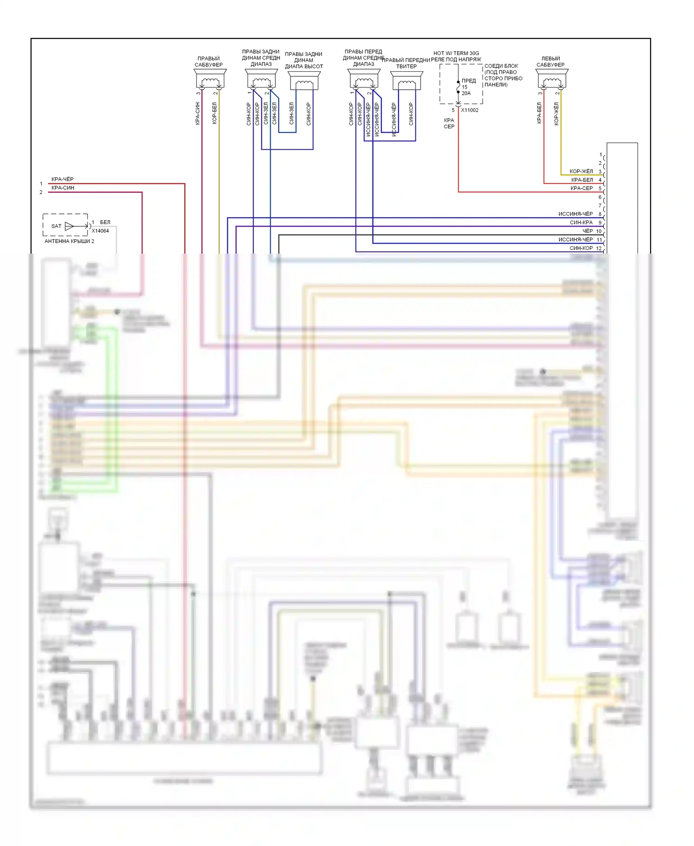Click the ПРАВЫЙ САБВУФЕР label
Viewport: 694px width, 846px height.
(209, 62)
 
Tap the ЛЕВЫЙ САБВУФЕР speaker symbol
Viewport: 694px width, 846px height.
(551, 81)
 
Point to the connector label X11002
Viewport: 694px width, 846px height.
(470, 110)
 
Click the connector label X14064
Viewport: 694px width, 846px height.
(100, 231)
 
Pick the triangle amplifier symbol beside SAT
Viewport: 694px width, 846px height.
(69, 226)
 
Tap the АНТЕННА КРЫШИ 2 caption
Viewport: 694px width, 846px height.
(69, 241)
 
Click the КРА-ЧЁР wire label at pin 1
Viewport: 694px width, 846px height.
(62, 179)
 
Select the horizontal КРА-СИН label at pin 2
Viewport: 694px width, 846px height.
(63, 188)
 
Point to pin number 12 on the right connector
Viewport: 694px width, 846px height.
(599, 249)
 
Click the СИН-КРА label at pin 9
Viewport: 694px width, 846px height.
(581, 223)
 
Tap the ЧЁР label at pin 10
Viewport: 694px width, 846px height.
(587, 231)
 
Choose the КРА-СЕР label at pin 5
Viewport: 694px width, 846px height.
(582, 188)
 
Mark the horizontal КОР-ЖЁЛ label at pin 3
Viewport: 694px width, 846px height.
(581, 171)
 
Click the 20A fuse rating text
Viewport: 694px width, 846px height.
(466, 93)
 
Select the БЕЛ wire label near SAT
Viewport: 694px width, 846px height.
(105, 222)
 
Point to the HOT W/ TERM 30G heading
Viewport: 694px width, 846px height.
(456, 53)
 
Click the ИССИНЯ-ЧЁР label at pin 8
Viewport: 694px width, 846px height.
(576, 214)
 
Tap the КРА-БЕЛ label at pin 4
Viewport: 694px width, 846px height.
(582, 180)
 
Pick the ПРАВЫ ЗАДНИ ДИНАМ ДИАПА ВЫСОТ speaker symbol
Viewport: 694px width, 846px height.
(304, 82)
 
